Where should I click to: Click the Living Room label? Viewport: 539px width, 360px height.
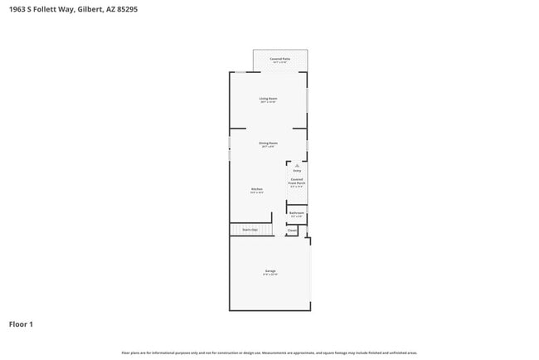tap(268, 99)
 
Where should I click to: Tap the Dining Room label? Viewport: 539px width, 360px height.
tap(268, 143)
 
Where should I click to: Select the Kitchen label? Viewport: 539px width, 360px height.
tap(257, 189)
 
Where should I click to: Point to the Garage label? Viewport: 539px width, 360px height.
tap(270, 271)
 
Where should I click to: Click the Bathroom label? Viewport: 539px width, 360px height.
tap(297, 213)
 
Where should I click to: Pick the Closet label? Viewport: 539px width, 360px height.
tap(292, 230)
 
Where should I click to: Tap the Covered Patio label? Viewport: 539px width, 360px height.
tap(280, 59)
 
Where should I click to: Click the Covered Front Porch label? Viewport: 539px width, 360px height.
tap(297, 180)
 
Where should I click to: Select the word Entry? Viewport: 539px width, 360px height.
tap(297, 171)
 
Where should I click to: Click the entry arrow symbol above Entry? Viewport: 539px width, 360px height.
tap(297, 165)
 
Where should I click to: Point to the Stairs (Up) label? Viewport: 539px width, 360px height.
tap(250, 229)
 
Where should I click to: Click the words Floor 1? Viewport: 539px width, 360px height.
tap(21, 324)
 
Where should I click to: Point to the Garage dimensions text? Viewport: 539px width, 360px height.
tap(270, 275)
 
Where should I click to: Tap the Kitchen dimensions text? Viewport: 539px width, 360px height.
tap(257, 193)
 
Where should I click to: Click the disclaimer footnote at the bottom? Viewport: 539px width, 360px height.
tap(269, 353)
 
